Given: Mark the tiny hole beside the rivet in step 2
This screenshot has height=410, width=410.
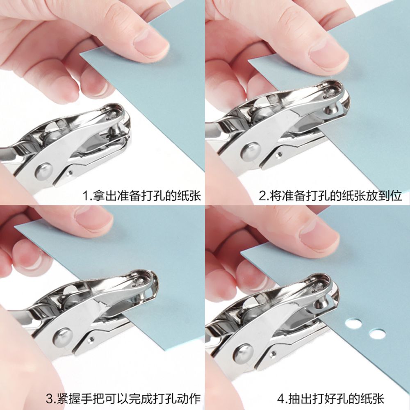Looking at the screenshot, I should pos(279,155).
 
